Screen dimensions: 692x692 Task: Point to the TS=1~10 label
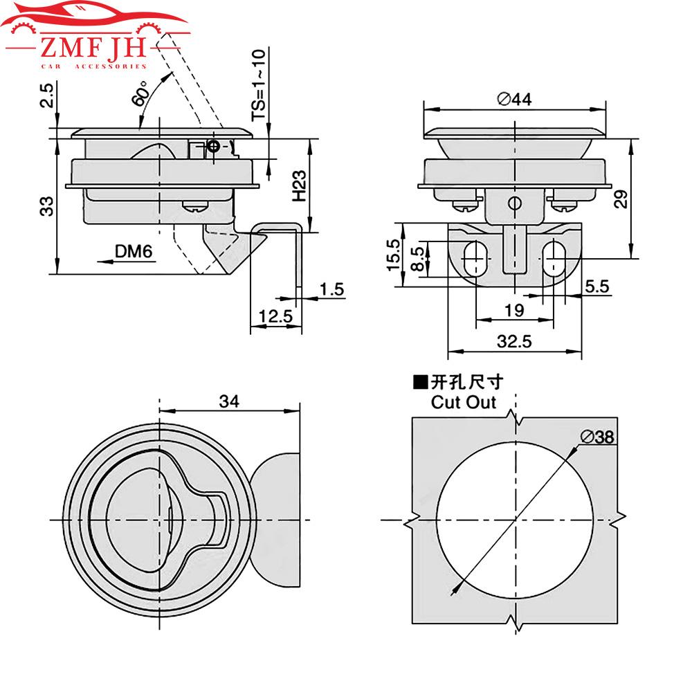coord(258,84)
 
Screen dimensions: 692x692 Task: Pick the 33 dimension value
coord(46,206)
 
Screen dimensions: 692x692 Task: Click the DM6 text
coord(134,253)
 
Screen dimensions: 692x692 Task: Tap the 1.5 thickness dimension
coord(332,289)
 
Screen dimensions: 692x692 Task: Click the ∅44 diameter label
coord(513,100)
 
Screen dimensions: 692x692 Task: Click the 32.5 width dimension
coord(513,341)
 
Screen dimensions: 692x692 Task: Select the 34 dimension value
coord(230,401)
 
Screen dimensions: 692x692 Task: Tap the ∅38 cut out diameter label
coord(599,437)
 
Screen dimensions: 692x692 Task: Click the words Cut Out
coord(463,402)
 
